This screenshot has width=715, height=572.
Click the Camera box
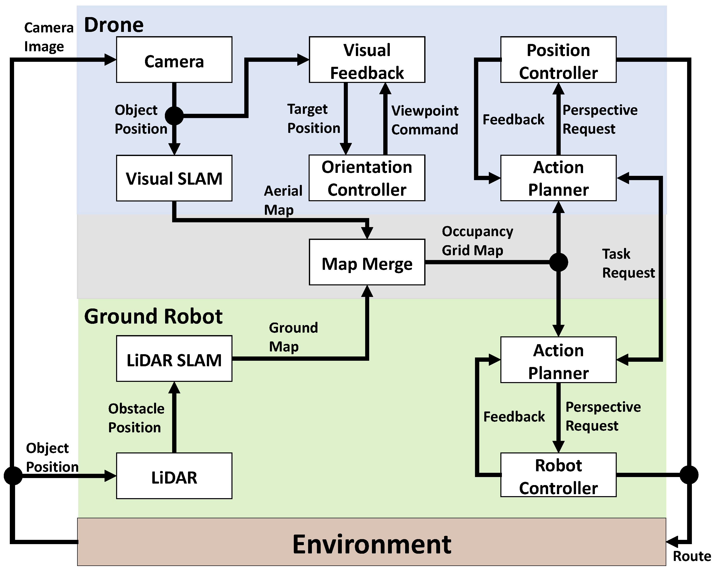tap(174, 60)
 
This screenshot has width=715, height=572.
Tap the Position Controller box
tap(558, 60)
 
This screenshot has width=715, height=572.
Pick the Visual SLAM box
tap(174, 178)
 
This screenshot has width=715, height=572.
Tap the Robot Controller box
tap(558, 475)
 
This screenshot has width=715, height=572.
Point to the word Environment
tap(371, 545)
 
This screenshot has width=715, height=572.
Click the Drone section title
tap(114, 25)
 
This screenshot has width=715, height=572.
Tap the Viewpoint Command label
tap(424, 120)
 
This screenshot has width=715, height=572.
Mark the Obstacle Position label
tap(136, 418)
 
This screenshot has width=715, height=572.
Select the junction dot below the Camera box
tap(174, 116)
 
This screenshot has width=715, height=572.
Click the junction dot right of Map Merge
tap(558, 262)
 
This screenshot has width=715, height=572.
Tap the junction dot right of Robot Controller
tap(689, 475)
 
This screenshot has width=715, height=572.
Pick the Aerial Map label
tap(283, 200)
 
